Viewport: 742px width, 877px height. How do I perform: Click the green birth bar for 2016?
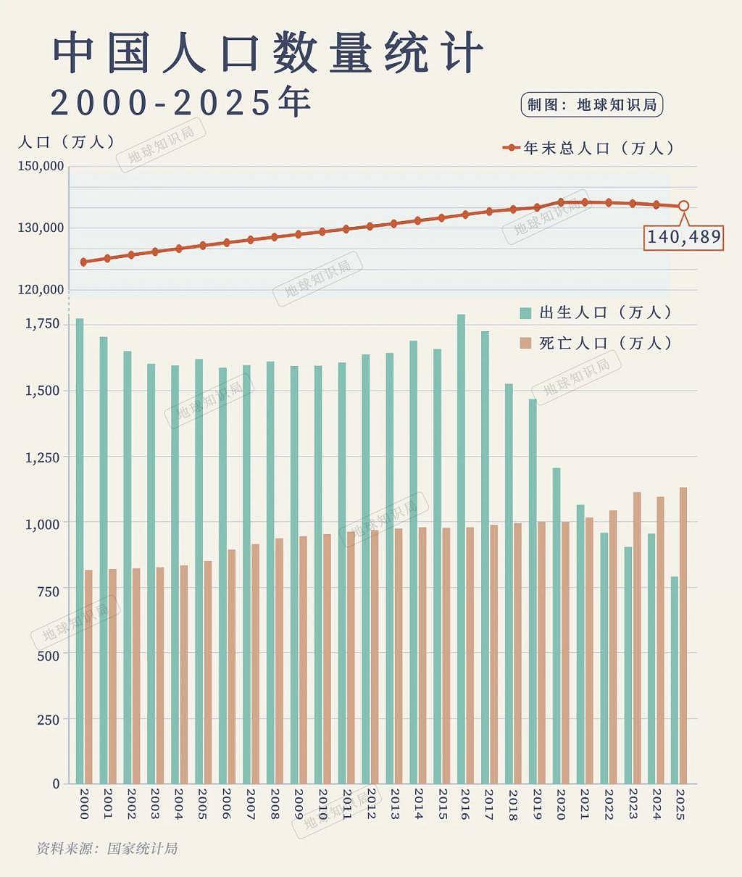coord(461,549)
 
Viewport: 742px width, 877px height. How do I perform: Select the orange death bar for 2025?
coord(683,636)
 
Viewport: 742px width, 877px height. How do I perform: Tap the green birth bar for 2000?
coord(80,551)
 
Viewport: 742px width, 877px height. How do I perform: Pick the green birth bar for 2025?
coord(675,680)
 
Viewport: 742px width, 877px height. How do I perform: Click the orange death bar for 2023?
coord(637,638)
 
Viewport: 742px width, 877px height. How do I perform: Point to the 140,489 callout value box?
coord(683,238)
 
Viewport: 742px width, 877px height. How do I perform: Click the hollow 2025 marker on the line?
coord(683,206)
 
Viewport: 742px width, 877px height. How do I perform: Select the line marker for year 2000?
coord(83,262)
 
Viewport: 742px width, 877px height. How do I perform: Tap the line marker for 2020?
coord(561,202)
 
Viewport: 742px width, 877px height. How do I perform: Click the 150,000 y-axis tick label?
coord(41,166)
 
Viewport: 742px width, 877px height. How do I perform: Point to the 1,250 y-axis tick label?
coord(43,457)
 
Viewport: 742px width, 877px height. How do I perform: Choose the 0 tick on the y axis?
coord(56,784)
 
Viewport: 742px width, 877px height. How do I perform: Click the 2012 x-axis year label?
coord(371,804)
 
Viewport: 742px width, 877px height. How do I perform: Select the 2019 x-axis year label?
coord(537,804)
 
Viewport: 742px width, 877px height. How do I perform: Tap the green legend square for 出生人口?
coord(525,313)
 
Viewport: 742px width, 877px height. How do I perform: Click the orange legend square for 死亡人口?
coord(525,344)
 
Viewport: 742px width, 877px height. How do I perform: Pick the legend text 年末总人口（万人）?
coord(599,148)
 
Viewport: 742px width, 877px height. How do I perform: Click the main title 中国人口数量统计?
coord(268,52)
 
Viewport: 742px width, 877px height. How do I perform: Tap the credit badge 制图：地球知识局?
coord(592,104)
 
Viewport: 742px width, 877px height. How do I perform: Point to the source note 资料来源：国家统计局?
coord(107,849)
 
